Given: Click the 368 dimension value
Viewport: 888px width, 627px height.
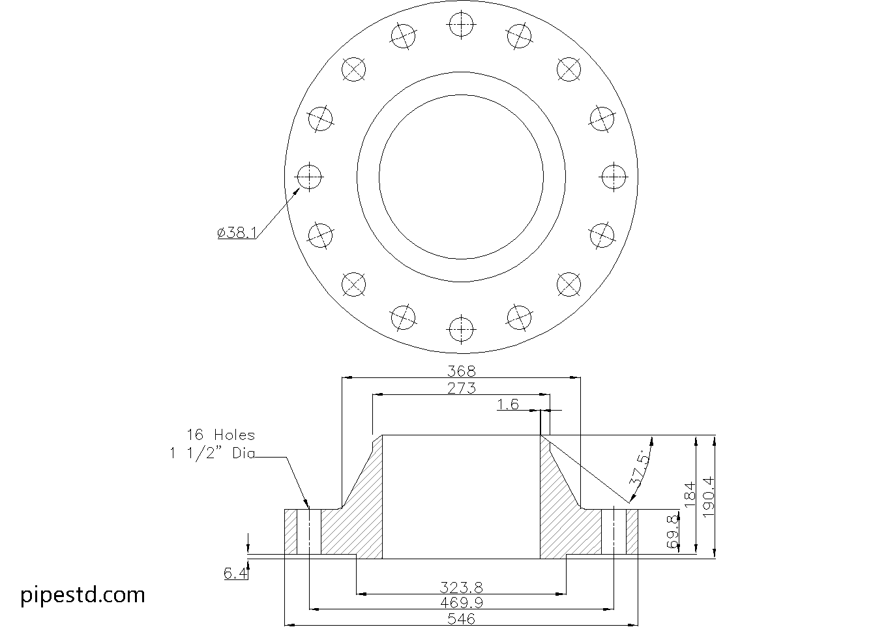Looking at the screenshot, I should coord(461,371).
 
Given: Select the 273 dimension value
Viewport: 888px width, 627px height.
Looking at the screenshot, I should coord(461,388).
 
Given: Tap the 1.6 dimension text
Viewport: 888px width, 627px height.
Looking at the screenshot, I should coord(508,405).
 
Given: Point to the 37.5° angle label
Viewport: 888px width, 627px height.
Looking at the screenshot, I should coord(640,468).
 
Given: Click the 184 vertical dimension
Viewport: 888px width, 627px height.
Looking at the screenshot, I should coord(690,495).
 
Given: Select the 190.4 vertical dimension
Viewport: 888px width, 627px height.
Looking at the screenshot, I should coord(709,497).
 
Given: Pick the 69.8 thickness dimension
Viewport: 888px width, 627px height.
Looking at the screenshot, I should coord(673,532).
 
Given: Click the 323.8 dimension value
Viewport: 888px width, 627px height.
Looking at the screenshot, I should coord(461,588).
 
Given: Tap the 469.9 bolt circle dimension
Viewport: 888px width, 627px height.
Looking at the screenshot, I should coord(461,603).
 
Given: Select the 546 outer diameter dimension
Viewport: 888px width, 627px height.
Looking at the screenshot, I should coord(461,619).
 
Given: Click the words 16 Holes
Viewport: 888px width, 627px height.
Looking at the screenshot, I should coord(220,435).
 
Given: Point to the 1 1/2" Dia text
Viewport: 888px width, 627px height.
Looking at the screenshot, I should coord(212,454).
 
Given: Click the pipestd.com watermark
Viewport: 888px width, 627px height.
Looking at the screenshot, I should coord(83,594).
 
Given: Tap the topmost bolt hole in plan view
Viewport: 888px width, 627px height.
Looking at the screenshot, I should coord(461,24).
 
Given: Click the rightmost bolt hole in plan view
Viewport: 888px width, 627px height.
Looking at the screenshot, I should coord(614,177).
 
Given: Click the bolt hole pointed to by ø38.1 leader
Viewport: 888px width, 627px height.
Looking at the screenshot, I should coord(309,176).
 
